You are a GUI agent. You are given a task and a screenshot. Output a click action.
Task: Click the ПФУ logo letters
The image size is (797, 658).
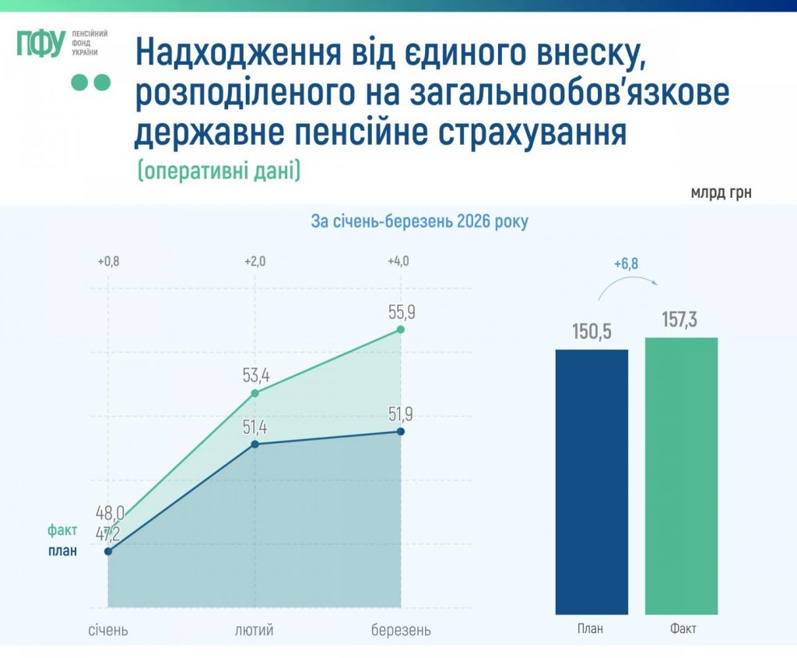coord(40,44)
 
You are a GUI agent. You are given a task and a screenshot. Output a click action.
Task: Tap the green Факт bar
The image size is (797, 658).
coord(681,475)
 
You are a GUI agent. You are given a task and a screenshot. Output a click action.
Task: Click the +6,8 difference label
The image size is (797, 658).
coord(626,264)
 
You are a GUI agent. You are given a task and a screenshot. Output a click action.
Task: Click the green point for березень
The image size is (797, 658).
coord(401,330)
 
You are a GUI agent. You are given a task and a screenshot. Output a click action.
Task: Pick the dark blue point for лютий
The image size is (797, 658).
coord(255,444)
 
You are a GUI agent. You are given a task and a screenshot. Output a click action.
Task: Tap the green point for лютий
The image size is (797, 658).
coord(255,393)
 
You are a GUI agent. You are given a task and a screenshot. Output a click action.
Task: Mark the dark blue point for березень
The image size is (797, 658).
coord(401,431)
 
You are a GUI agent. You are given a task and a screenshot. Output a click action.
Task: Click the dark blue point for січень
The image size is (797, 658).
coord(108,551)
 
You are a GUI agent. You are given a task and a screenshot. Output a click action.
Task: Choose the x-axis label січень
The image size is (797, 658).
coord(108,629)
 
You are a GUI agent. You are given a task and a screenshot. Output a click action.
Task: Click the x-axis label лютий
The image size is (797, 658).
coord(255,629)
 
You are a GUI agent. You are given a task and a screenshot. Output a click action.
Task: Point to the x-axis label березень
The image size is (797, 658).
coord(401,629)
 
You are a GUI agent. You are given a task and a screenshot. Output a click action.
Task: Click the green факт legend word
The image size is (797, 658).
coord(62,530)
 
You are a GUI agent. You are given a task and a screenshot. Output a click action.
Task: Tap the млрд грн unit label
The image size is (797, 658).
coord(721,192)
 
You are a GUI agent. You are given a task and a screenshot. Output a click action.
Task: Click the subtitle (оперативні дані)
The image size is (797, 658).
coord(219,171)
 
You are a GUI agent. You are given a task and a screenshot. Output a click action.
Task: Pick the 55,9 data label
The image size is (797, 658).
coord(401,312)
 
